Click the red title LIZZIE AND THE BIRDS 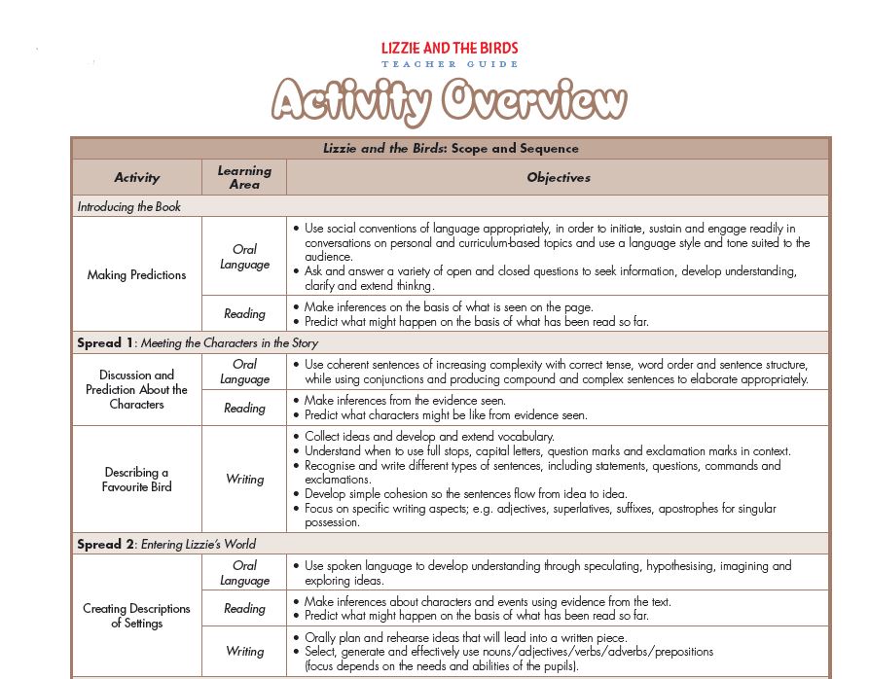450,48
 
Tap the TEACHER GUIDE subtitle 450,64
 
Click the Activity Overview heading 450,100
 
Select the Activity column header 137,178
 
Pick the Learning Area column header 244,177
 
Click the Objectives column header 559,178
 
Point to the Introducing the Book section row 129,207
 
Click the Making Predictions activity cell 137,275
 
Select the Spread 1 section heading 198,342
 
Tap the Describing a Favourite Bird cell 137,479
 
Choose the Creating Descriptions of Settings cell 137,616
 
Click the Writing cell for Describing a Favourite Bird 244,479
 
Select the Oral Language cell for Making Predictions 244,256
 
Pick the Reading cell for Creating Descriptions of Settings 244,609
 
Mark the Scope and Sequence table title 451,149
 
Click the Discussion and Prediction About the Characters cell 137,389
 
